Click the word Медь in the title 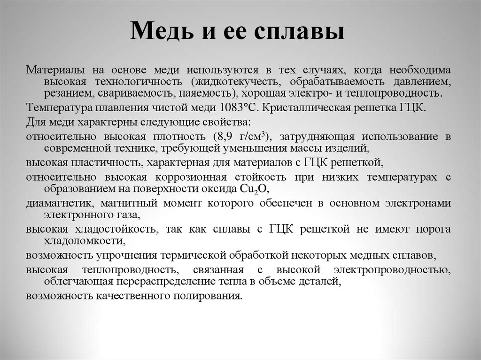(162, 31)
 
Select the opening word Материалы (55, 70)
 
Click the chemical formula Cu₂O (253, 189)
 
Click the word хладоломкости (85, 241)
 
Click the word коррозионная (191, 177)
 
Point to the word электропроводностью (392, 270)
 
